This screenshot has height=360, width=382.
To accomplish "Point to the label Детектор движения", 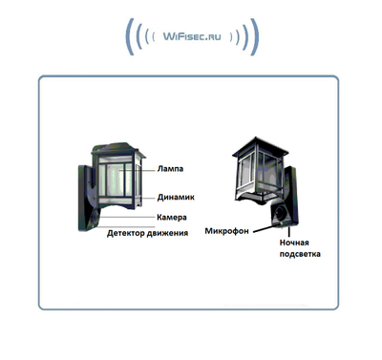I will pos(147,232).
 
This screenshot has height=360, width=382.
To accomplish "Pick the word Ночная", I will pos(294,244).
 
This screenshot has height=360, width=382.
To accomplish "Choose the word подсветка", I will pos(300,255).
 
